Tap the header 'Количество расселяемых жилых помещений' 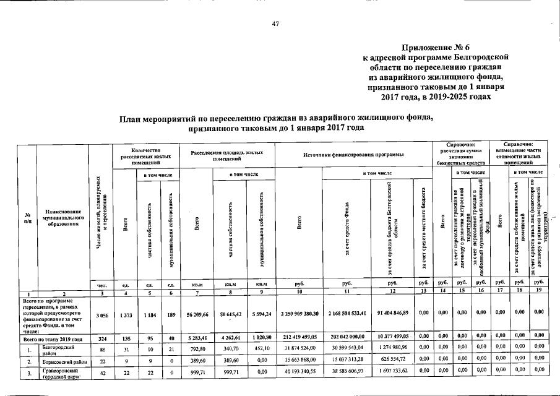click(x=146, y=154)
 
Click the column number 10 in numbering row click(x=299, y=291)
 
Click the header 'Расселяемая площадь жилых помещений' click(x=228, y=154)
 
